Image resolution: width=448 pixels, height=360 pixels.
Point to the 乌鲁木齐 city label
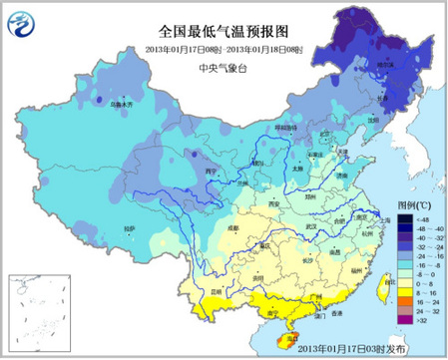[120, 103]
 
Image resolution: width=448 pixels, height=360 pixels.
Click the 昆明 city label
[212, 276]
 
